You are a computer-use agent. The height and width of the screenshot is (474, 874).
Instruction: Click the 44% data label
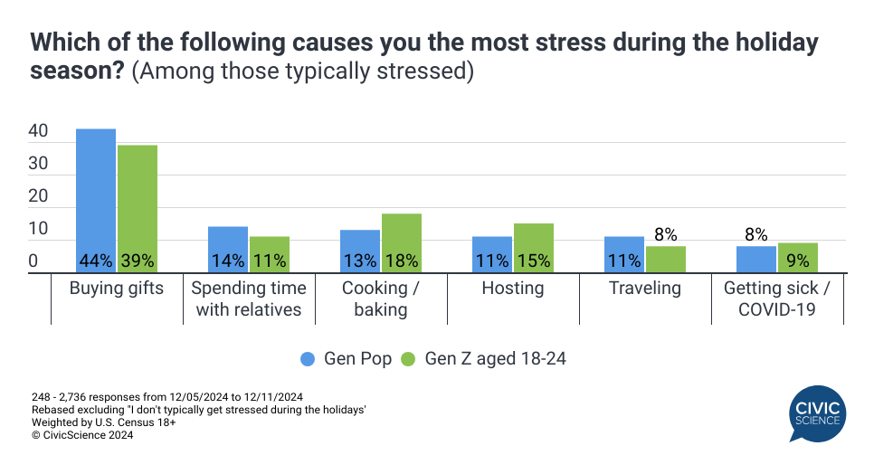[96, 261]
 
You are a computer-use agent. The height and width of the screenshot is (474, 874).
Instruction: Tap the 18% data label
[402, 261]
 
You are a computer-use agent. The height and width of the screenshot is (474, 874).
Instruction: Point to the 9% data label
[798, 261]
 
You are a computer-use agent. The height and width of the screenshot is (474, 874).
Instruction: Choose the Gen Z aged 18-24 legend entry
[484, 358]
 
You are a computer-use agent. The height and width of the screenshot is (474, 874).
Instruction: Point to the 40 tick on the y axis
[38, 131]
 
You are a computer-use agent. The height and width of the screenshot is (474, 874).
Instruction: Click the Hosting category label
[513, 289]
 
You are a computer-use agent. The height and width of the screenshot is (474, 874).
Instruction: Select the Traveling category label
[645, 289]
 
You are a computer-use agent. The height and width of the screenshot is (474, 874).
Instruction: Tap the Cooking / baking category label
[381, 299]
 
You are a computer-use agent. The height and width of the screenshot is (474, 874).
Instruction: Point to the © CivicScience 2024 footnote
[82, 435]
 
